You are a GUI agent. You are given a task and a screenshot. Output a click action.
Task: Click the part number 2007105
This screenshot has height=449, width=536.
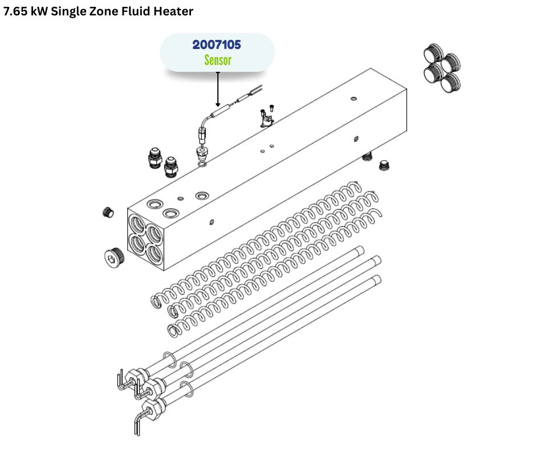(x=217, y=45)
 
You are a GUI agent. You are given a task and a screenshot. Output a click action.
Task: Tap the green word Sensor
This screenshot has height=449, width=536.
(x=218, y=60)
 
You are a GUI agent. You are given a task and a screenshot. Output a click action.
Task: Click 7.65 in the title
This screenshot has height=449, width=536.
(x=15, y=11)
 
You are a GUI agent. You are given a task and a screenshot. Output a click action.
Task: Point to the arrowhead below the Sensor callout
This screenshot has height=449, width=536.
(x=218, y=105)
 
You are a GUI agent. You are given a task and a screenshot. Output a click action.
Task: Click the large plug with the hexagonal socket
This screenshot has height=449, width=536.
(x=114, y=256)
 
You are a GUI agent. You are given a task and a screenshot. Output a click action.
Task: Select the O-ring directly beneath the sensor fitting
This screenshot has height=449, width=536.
(x=202, y=165)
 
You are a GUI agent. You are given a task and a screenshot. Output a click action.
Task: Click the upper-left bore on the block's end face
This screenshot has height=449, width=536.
(x=137, y=224)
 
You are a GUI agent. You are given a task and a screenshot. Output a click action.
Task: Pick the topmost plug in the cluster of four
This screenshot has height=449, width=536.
(x=433, y=53)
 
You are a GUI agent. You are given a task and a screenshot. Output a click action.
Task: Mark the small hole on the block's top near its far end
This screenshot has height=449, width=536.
(x=354, y=99)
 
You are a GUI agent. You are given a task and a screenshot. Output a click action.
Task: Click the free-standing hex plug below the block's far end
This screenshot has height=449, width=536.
(x=384, y=165)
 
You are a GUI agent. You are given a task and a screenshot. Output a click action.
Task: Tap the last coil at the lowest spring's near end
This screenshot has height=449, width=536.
(x=173, y=331)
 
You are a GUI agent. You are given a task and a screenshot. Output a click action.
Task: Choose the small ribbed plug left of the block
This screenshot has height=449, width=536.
(x=108, y=212)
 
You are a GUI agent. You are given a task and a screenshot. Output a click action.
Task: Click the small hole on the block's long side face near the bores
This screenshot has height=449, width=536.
(x=212, y=222)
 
